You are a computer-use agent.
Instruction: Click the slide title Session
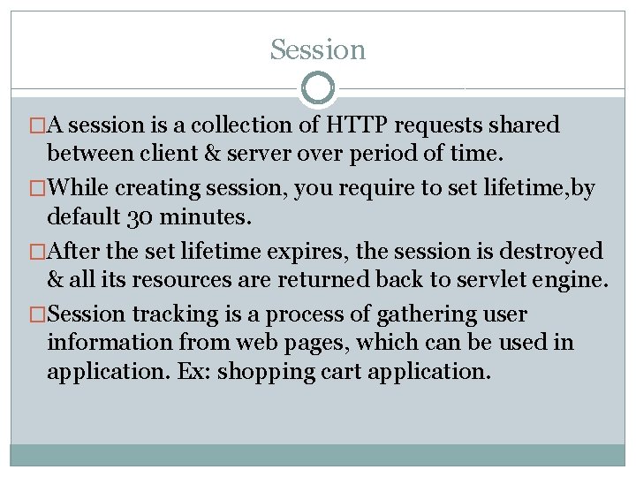click(x=318, y=50)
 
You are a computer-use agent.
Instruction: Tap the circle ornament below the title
click(x=318, y=87)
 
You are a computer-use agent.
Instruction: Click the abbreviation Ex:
click(x=193, y=372)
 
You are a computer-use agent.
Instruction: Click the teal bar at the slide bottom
click(x=318, y=454)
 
